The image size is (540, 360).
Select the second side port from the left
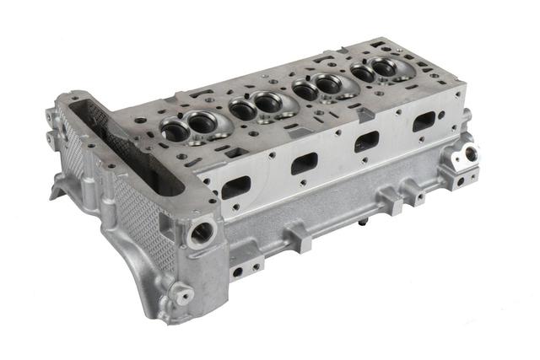coord(304,162)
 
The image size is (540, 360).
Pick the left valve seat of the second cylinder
coord(242,108)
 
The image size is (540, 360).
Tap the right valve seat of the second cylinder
coord(268,102)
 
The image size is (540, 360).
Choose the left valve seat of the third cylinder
coord(303,88)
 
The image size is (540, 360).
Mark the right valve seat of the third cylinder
coord(327,82)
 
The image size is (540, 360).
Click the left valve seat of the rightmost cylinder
coord(364,73)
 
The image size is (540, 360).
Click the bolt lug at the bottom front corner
coord(180,293)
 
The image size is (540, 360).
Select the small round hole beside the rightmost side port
coord(441,115)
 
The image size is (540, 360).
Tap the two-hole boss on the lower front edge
coord(247,269)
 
